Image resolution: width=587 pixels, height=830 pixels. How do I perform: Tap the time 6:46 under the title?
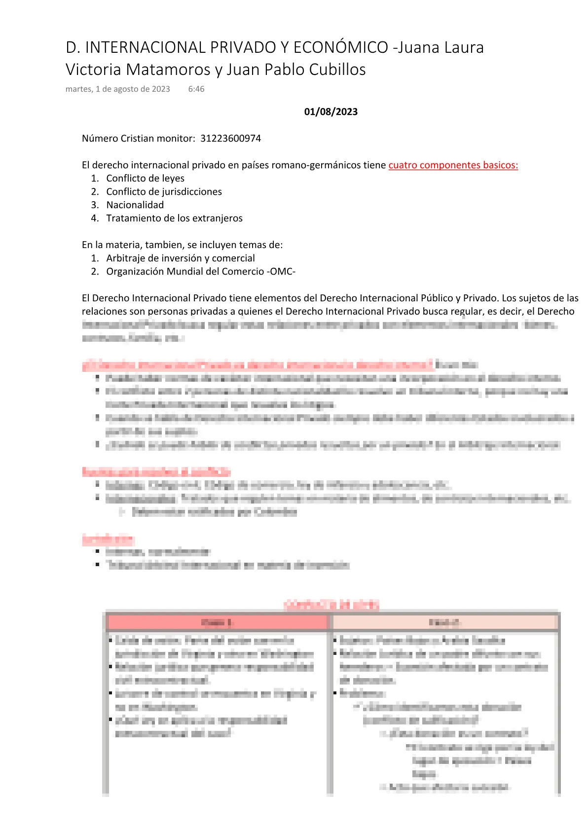196,89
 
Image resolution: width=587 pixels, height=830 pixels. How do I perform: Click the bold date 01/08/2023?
330,112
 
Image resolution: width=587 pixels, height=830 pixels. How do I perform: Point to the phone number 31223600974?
230,139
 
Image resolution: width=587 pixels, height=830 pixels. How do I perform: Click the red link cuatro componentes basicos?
453,165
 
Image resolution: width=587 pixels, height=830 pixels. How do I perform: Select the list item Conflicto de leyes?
145,179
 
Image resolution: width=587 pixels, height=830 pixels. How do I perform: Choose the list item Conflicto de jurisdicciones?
164,192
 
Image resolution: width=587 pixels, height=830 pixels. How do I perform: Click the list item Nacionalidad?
135,205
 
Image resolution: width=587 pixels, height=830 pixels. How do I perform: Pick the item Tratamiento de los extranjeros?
174,218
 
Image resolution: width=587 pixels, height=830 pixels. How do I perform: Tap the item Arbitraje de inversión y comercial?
181,258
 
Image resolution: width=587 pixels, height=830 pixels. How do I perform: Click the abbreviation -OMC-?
282,272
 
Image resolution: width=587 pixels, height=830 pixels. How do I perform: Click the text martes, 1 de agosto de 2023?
118,89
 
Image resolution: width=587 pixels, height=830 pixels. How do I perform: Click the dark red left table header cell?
217,622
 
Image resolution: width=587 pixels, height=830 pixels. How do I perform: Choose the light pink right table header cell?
445,622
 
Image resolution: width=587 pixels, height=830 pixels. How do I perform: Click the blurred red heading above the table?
331,605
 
